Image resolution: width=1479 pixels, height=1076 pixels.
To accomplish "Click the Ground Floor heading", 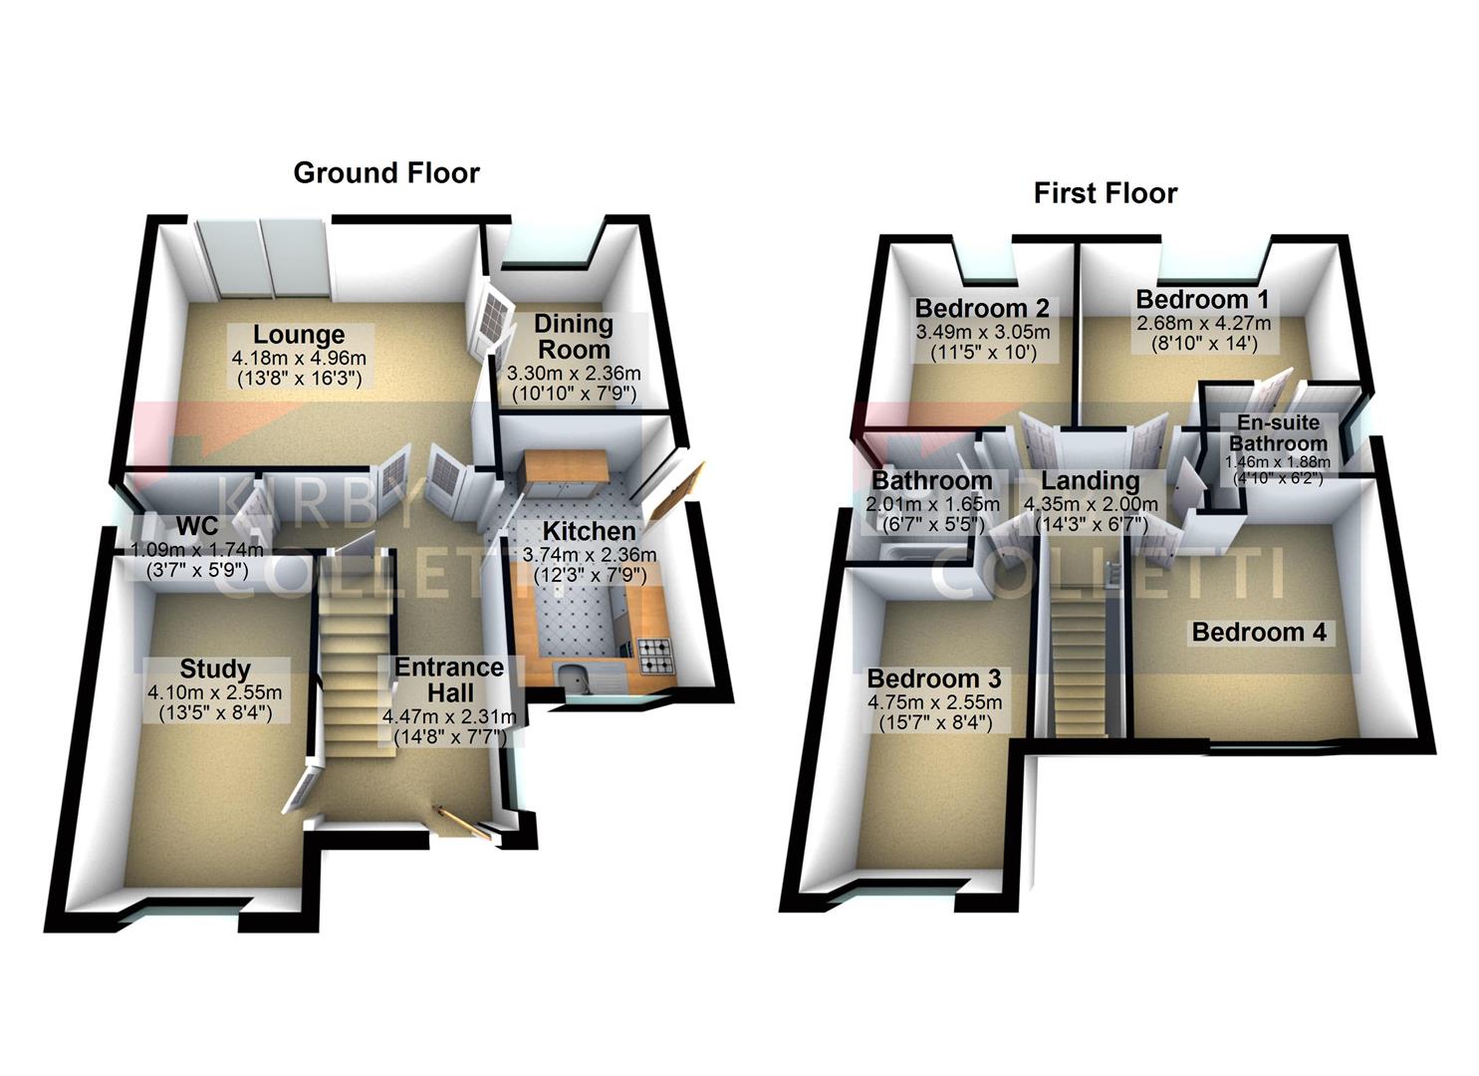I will (386, 173).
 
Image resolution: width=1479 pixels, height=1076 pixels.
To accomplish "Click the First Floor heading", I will (1106, 193).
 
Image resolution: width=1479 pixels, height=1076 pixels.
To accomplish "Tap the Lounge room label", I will (299, 335).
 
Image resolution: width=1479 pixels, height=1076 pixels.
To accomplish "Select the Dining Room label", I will (573, 336).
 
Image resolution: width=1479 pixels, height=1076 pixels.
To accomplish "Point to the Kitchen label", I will (589, 531).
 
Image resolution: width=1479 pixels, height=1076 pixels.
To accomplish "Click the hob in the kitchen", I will (654, 654).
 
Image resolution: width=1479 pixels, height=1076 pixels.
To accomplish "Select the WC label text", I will (196, 525).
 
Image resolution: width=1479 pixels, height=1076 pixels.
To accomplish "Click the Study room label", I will (215, 669).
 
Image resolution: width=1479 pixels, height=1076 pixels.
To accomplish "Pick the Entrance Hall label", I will (449, 679).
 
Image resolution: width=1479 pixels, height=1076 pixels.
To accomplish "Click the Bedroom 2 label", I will (982, 308).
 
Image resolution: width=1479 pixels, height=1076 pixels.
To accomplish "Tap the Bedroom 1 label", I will (1203, 300).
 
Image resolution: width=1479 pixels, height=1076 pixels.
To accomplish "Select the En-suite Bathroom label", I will (1278, 433).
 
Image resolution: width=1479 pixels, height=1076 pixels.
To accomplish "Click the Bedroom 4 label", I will (1259, 632).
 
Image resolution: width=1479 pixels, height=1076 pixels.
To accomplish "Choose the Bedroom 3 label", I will (934, 678).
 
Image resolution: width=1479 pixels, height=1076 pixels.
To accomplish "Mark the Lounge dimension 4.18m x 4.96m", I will (299, 358).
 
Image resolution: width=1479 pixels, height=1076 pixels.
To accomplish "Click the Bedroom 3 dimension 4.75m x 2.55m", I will (934, 702).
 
